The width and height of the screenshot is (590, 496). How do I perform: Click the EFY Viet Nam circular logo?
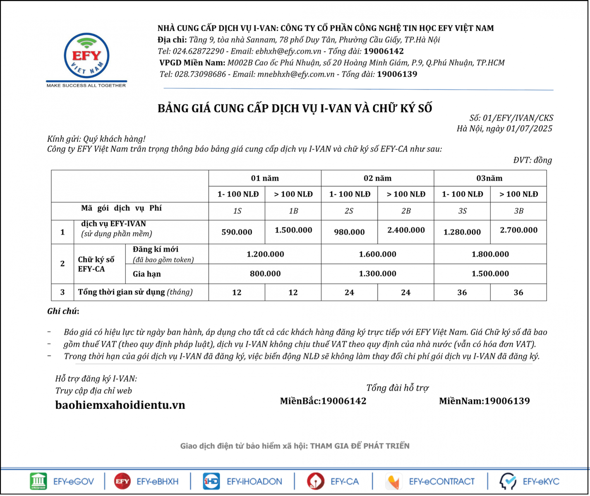tap(86, 56)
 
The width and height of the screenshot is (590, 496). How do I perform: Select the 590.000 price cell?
tap(237, 232)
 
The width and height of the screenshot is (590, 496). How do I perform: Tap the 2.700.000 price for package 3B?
tap(518, 230)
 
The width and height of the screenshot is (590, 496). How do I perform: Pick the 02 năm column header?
tap(377, 178)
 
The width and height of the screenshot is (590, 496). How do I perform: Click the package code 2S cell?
tap(349, 211)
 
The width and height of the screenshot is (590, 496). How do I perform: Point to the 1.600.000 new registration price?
tap(377, 254)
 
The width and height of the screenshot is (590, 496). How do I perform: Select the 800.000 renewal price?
tap(265, 274)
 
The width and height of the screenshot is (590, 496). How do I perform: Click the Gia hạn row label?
tap(147, 274)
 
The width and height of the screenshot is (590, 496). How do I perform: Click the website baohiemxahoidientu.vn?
tap(120, 405)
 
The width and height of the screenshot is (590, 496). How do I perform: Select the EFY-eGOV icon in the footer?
tap(38, 482)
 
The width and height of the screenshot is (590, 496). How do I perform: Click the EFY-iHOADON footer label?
tap(254, 482)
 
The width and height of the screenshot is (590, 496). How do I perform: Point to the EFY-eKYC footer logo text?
tap(541, 482)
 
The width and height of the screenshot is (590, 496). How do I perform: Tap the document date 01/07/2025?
tap(529, 129)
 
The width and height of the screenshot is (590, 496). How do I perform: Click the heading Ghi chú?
tap(63, 311)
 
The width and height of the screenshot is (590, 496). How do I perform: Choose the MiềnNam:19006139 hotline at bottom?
tap(484, 401)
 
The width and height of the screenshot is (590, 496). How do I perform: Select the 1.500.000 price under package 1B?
tap(293, 230)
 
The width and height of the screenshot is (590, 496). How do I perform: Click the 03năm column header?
tap(489, 178)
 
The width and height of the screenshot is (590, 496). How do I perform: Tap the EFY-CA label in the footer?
tap(345, 482)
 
